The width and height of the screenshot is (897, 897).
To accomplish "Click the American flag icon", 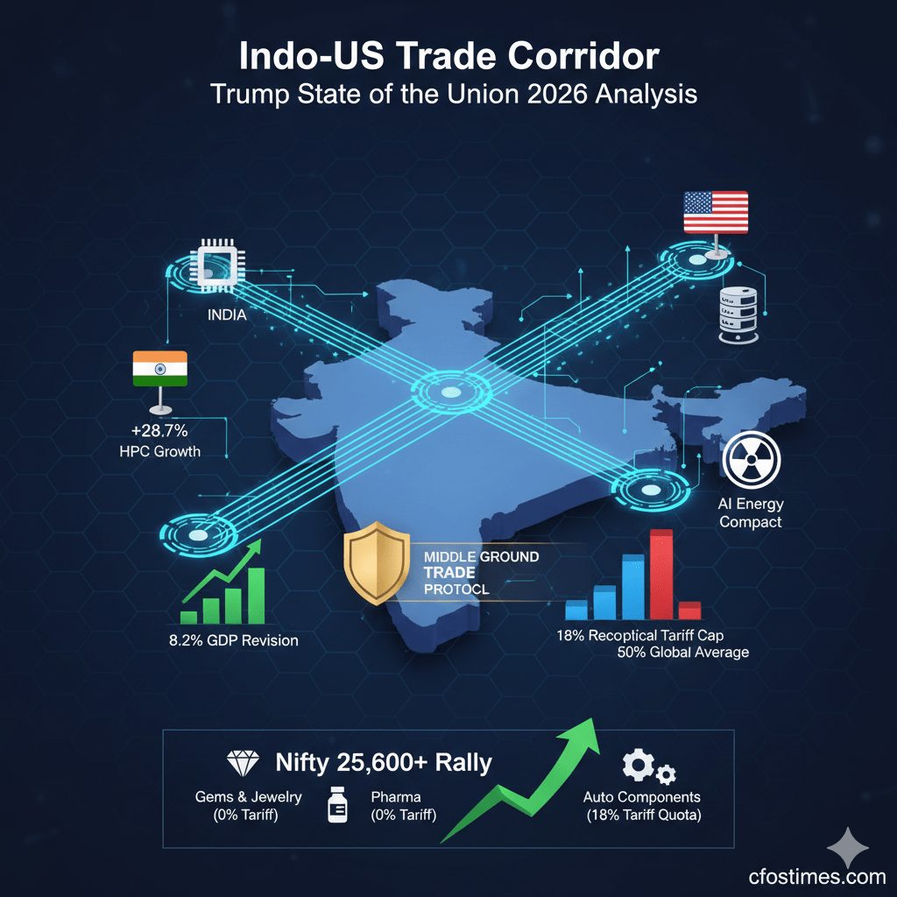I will pos(716,213).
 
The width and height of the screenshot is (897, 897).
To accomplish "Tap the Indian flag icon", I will pos(159,370).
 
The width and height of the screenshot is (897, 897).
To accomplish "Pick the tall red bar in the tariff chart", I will pos(661,576).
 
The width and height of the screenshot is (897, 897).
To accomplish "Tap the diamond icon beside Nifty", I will pos(243,762).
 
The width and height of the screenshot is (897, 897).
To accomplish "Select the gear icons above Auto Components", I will pos(647,768).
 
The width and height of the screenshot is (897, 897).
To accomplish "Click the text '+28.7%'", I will pos(160,432).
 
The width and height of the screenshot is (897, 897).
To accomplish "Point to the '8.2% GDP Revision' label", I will pos(233,640).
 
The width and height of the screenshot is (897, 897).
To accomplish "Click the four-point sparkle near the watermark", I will pos(849,847).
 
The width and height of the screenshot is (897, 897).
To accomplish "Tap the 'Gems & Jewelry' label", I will pos(249,797).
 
